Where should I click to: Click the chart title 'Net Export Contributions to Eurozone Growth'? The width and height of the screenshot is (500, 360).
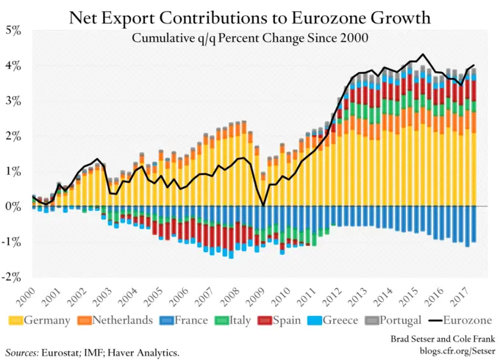(x=250, y=16)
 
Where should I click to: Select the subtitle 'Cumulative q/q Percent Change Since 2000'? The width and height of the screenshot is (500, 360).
(x=250, y=37)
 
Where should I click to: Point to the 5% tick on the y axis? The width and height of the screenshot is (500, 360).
(x=14, y=31)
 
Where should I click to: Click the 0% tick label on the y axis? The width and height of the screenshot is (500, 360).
(x=14, y=207)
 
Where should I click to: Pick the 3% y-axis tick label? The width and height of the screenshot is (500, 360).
(x=14, y=101)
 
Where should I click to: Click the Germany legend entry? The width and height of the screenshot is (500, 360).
(x=40, y=320)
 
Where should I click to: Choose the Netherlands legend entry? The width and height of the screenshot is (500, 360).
(x=118, y=320)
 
